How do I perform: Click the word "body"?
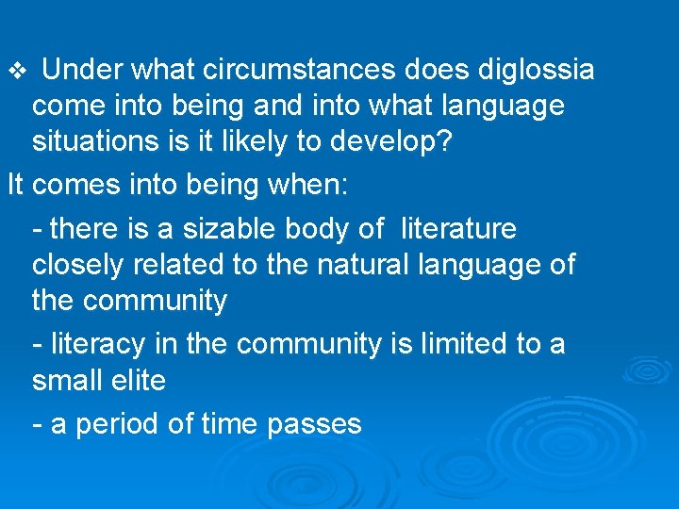316,228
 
